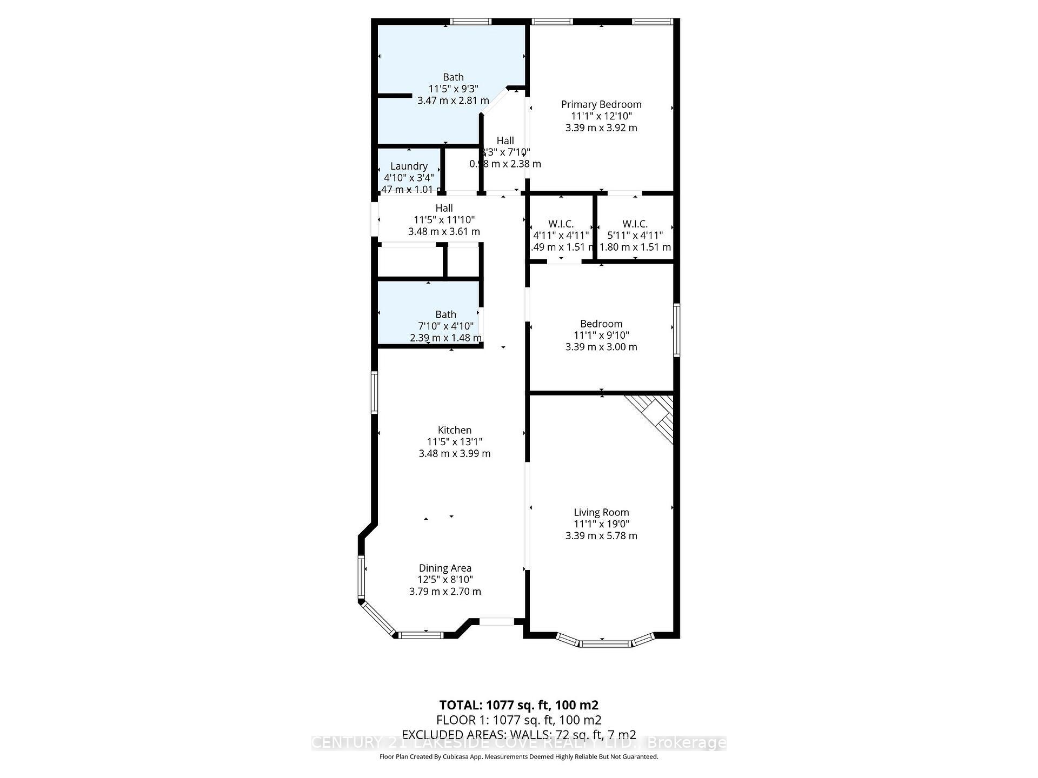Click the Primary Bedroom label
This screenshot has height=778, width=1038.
click(x=601, y=104)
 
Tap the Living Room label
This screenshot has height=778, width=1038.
click(x=601, y=512)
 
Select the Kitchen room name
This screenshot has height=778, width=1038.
click(x=454, y=430)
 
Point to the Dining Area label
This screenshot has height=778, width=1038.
click(x=445, y=568)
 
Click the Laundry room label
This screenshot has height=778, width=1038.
click(x=409, y=166)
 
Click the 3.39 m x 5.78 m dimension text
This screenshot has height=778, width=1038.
click(x=601, y=536)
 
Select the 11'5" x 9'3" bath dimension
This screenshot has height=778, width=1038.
click(x=453, y=89)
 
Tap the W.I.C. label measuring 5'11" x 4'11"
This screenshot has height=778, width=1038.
click(x=635, y=224)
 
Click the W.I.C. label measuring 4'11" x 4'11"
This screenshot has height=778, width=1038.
click(x=561, y=224)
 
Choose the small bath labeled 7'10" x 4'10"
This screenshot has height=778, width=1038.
click(x=445, y=314)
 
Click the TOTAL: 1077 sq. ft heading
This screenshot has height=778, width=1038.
click(x=518, y=705)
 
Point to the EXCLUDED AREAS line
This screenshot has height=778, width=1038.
click(x=518, y=735)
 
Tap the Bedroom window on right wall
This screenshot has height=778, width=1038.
click(x=676, y=330)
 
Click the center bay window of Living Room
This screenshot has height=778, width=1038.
click(x=605, y=643)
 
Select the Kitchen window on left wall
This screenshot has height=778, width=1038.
click(x=374, y=392)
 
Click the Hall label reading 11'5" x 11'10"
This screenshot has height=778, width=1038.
click(x=444, y=208)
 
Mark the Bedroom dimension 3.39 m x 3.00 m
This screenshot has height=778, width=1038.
click(x=601, y=347)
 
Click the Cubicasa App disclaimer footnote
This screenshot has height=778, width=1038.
click(x=518, y=757)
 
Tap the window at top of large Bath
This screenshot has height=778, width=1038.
click(x=470, y=22)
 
